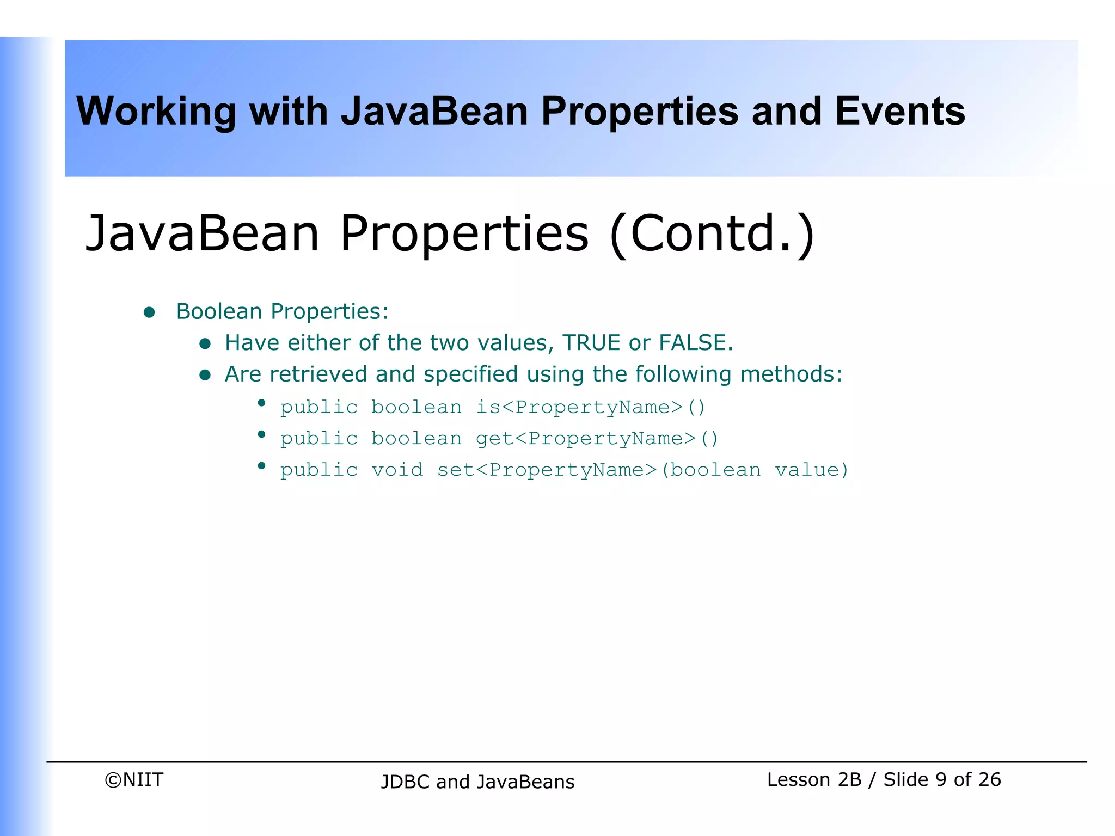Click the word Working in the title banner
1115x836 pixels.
click(156, 112)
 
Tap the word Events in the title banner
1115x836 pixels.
click(899, 112)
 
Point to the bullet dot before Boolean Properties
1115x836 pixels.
click(149, 312)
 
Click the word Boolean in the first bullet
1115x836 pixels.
click(219, 311)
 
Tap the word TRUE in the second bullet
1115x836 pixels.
click(591, 343)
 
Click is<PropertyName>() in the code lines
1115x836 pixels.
click(591, 407)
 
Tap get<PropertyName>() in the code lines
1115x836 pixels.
click(597, 439)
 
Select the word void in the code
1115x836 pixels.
click(397, 470)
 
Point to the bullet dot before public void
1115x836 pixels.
click(261, 466)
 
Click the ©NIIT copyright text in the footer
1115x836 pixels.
click(134, 779)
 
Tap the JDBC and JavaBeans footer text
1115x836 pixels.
click(477, 782)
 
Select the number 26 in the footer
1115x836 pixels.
click(989, 779)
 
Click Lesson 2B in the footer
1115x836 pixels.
click(814, 779)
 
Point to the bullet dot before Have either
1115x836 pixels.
click(205, 343)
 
